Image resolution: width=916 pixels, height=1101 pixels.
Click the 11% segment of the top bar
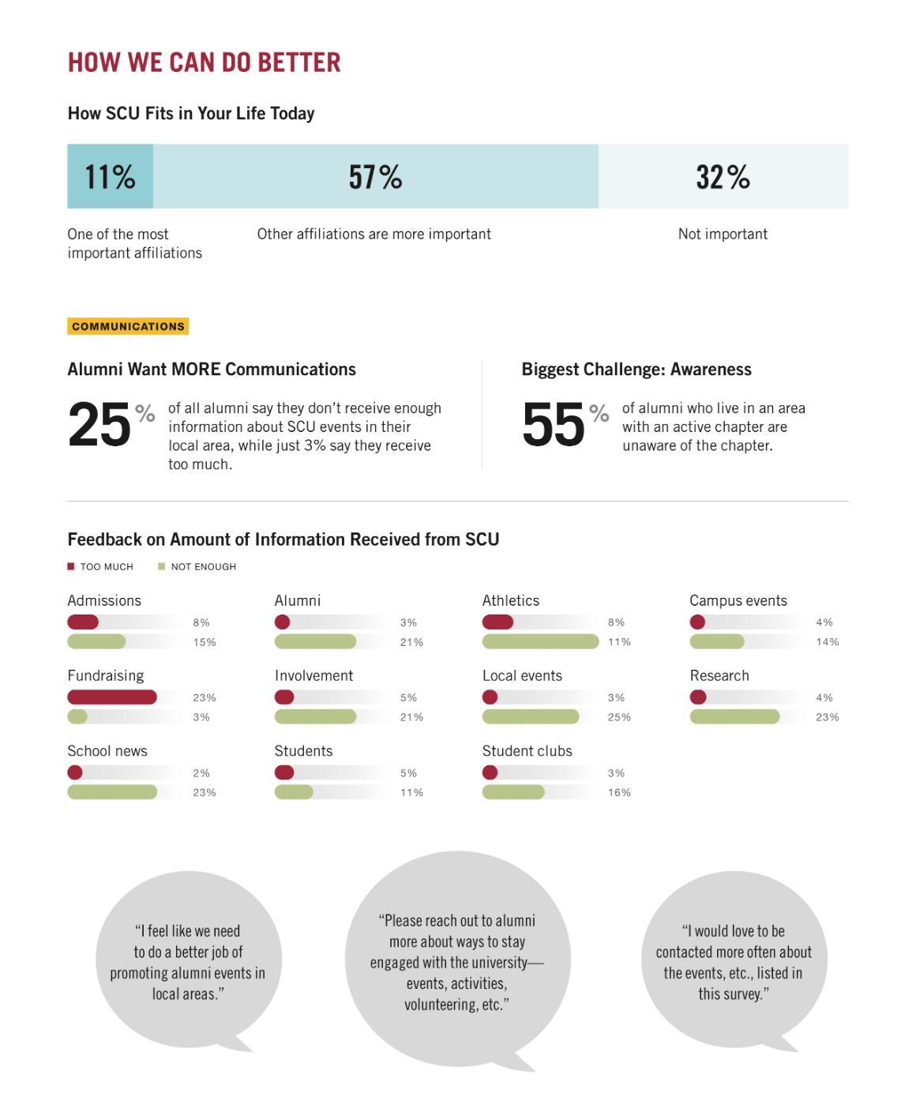pos(110,176)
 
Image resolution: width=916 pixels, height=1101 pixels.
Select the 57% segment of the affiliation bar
pos(376,176)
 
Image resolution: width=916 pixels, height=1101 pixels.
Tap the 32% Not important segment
pos(723,176)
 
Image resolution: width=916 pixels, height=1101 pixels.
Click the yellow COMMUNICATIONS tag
pos(128,326)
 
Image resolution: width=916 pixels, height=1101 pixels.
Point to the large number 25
pos(99,425)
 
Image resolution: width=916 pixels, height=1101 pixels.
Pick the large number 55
pos(554,425)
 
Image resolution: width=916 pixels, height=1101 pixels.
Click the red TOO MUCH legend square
pos(71,566)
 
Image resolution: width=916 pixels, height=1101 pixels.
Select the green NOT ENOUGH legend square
pos(162,566)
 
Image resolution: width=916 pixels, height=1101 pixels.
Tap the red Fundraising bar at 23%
pos(112,697)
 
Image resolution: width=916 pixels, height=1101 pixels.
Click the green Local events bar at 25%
pos(531,716)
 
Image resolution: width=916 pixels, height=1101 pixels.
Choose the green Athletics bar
pos(540,641)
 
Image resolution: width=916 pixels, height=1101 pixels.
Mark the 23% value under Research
pos(827,717)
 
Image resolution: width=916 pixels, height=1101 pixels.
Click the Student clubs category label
pos(527,751)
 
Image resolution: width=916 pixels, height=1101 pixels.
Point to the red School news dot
pos(75,772)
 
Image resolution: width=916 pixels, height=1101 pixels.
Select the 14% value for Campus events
pos(827,642)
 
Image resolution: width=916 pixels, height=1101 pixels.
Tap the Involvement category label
pos(313,676)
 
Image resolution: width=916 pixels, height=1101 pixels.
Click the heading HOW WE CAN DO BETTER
pos(204,62)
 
